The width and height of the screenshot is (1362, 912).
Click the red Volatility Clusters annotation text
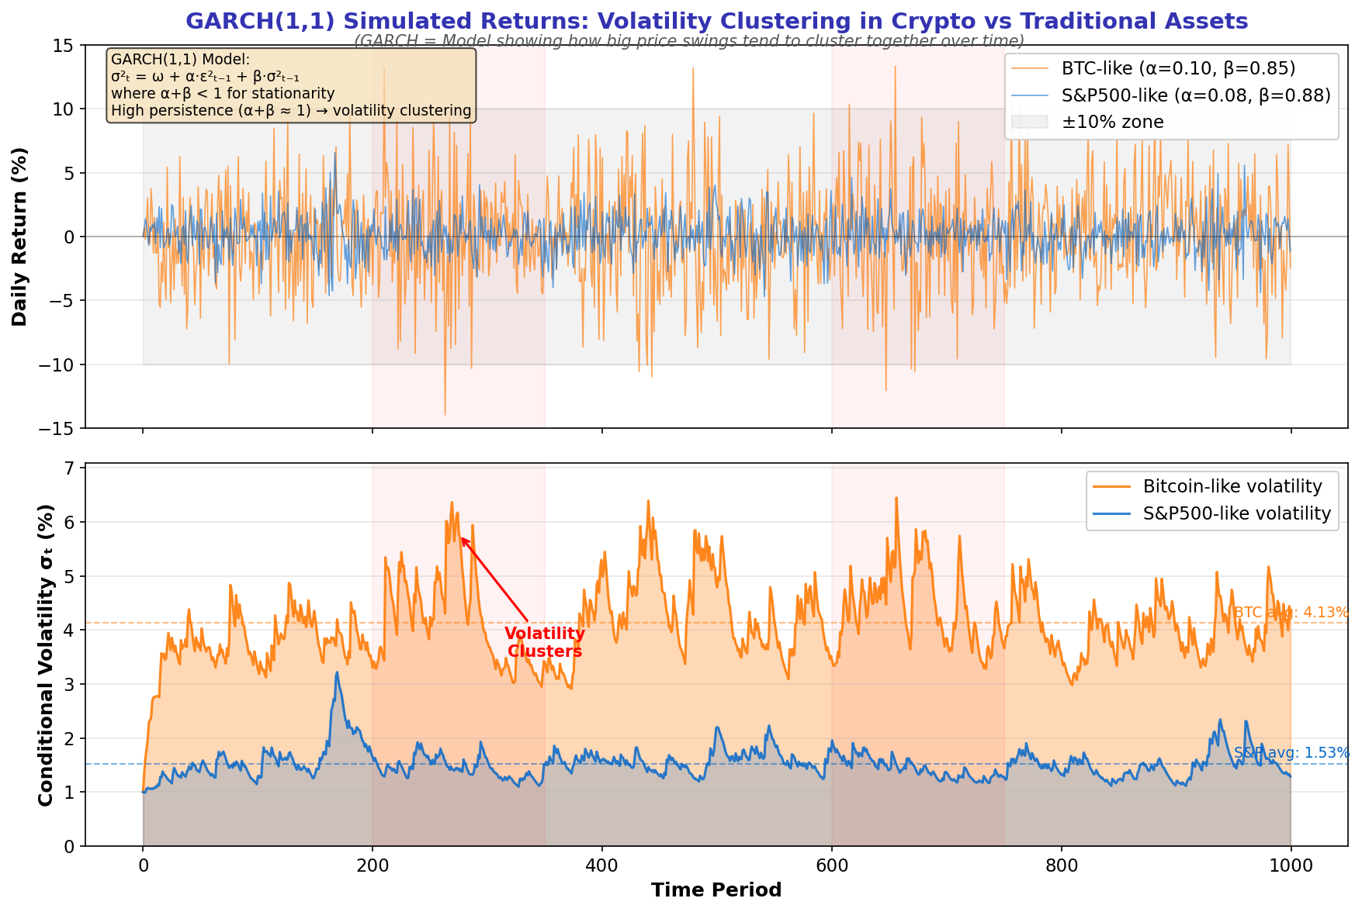544,643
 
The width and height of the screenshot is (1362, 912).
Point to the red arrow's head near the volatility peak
462,538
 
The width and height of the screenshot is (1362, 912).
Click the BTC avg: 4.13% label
1291,613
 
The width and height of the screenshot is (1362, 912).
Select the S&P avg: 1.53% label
1291,753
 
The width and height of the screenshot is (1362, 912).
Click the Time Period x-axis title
716,890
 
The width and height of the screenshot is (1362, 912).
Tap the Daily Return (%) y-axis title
20,237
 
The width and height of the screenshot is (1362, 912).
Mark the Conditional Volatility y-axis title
46,655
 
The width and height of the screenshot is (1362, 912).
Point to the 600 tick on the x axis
832,865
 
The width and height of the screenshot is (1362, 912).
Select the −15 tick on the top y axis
60,428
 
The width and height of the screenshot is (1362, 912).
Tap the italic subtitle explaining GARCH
689,41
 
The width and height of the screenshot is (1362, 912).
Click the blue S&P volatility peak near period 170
337,673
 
